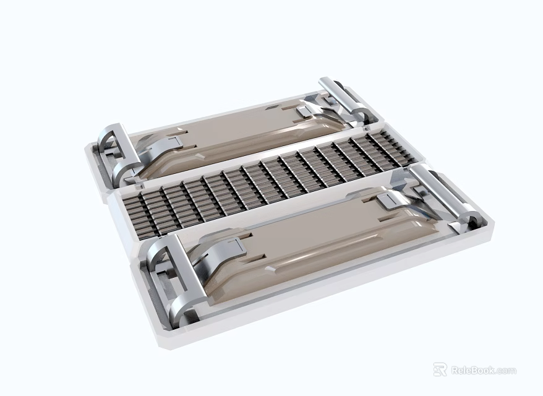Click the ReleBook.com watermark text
pos(483,371)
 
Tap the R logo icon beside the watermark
pos(440,370)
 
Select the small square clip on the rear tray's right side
pos(305,111)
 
